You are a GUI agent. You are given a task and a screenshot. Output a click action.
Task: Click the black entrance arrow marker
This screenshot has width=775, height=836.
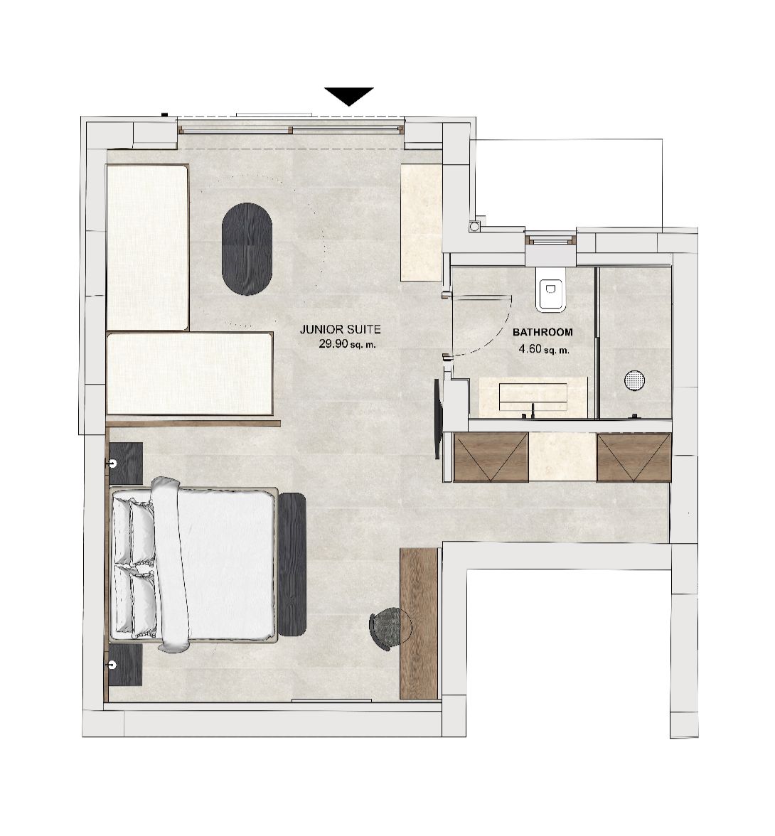[348, 95]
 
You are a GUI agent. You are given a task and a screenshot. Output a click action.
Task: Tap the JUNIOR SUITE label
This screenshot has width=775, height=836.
[340, 330]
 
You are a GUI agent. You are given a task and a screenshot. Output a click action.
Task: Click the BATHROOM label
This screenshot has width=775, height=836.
[542, 332]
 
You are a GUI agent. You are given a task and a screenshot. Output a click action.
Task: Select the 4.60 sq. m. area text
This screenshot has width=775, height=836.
[544, 349]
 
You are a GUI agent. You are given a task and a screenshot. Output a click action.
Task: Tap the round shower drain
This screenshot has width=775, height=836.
[634, 380]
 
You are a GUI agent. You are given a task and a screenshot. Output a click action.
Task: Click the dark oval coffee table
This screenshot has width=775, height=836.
[247, 249]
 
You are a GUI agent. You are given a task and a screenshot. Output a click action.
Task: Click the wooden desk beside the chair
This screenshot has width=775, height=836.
[419, 623]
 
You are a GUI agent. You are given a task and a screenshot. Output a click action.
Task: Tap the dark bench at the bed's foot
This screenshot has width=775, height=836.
[292, 564]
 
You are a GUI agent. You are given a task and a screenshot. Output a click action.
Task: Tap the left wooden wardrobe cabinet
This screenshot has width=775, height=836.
[491, 457]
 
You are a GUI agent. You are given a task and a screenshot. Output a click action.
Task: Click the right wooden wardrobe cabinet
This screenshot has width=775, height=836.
[634, 457]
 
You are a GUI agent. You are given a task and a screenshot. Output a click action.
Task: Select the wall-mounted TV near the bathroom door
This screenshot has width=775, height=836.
[438, 419]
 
